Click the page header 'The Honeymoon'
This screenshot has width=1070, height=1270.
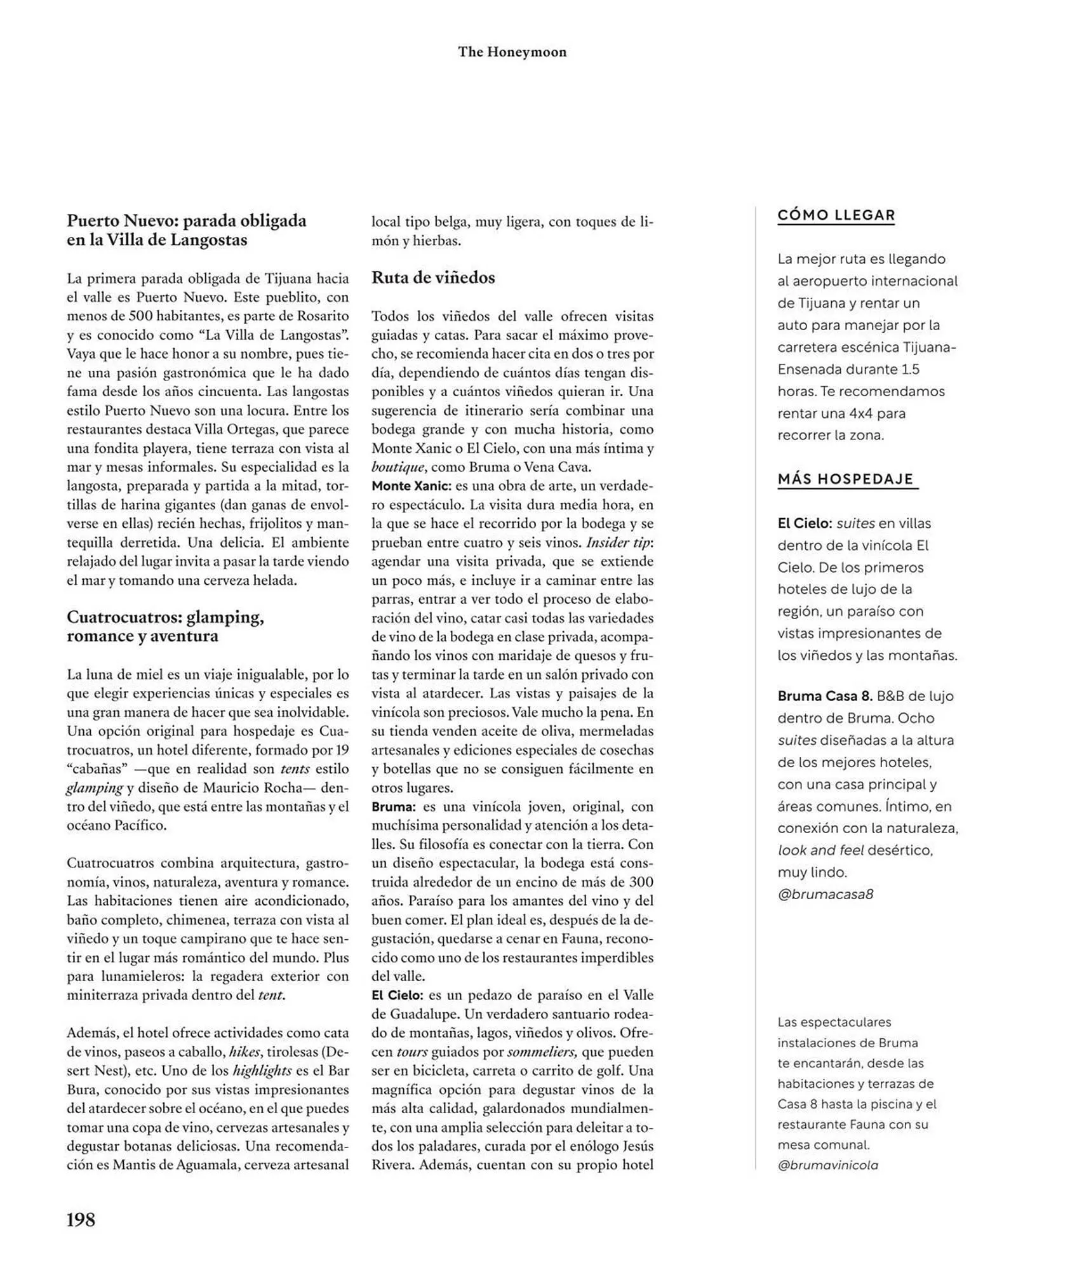512,52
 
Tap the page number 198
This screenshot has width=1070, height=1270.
81,1220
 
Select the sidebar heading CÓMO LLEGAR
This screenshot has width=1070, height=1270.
836,215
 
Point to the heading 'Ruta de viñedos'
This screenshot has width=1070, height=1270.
433,277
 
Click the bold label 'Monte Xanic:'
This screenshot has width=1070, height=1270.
411,486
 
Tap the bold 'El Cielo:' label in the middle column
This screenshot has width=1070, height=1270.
398,995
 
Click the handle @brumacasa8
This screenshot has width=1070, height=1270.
825,894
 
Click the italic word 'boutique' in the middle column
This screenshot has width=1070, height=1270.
398,467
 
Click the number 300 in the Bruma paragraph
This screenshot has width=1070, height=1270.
641,882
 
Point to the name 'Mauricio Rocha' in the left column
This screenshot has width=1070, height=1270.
251,788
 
